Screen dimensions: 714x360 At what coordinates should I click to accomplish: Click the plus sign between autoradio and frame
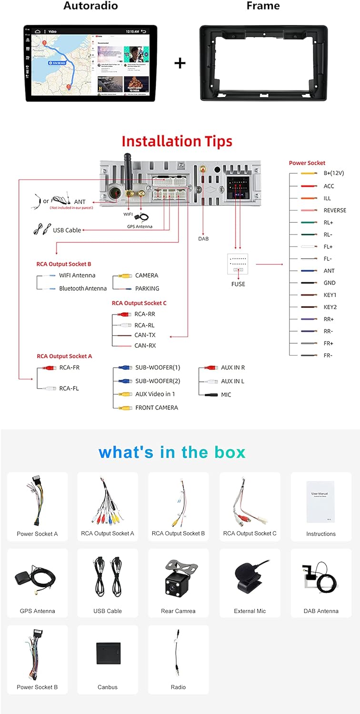click(180, 63)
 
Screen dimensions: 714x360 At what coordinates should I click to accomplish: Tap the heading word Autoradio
click(90, 6)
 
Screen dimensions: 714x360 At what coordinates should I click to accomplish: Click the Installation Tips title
click(177, 141)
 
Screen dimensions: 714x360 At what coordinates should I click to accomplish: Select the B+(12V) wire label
click(334, 173)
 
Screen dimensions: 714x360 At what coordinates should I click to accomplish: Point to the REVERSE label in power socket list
click(335, 210)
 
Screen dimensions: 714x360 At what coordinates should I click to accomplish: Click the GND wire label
click(330, 283)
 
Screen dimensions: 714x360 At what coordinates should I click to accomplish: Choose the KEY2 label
click(330, 307)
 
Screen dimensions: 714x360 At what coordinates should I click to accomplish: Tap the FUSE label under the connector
click(238, 284)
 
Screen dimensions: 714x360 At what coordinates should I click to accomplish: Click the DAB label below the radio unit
click(203, 238)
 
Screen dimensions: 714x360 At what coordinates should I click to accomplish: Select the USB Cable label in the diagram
click(67, 230)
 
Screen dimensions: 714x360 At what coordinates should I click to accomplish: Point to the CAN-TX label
click(145, 335)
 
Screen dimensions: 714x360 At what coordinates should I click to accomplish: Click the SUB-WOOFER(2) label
click(158, 381)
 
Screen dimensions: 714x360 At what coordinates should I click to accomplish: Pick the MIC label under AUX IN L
click(226, 395)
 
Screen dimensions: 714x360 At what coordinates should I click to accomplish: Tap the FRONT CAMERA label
click(157, 407)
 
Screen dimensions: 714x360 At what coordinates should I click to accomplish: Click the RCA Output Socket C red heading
click(139, 303)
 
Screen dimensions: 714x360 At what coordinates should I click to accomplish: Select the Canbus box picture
click(108, 653)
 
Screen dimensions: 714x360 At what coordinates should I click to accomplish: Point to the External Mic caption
click(250, 611)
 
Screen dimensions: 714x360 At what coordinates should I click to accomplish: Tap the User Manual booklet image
click(320, 501)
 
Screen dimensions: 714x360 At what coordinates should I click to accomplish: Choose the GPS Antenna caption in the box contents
click(38, 611)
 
